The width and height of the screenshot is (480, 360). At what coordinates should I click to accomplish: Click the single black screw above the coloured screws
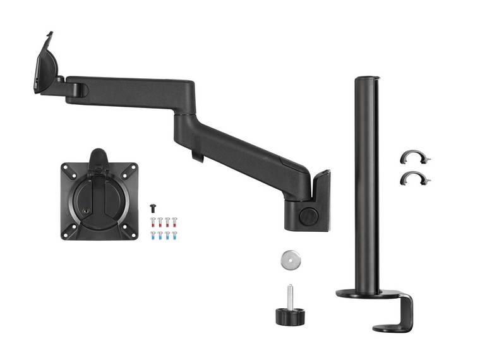(x=152, y=207)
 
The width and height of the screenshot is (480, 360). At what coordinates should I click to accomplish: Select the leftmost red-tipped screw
(x=152, y=221)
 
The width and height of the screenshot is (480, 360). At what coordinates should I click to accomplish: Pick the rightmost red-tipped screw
(x=174, y=221)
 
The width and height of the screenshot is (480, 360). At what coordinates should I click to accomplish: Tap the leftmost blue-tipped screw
(x=152, y=235)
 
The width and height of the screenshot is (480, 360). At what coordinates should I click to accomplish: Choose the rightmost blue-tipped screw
(x=174, y=235)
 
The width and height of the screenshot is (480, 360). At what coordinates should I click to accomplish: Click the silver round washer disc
(x=289, y=259)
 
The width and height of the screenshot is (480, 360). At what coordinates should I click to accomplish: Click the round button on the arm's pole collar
(x=308, y=215)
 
